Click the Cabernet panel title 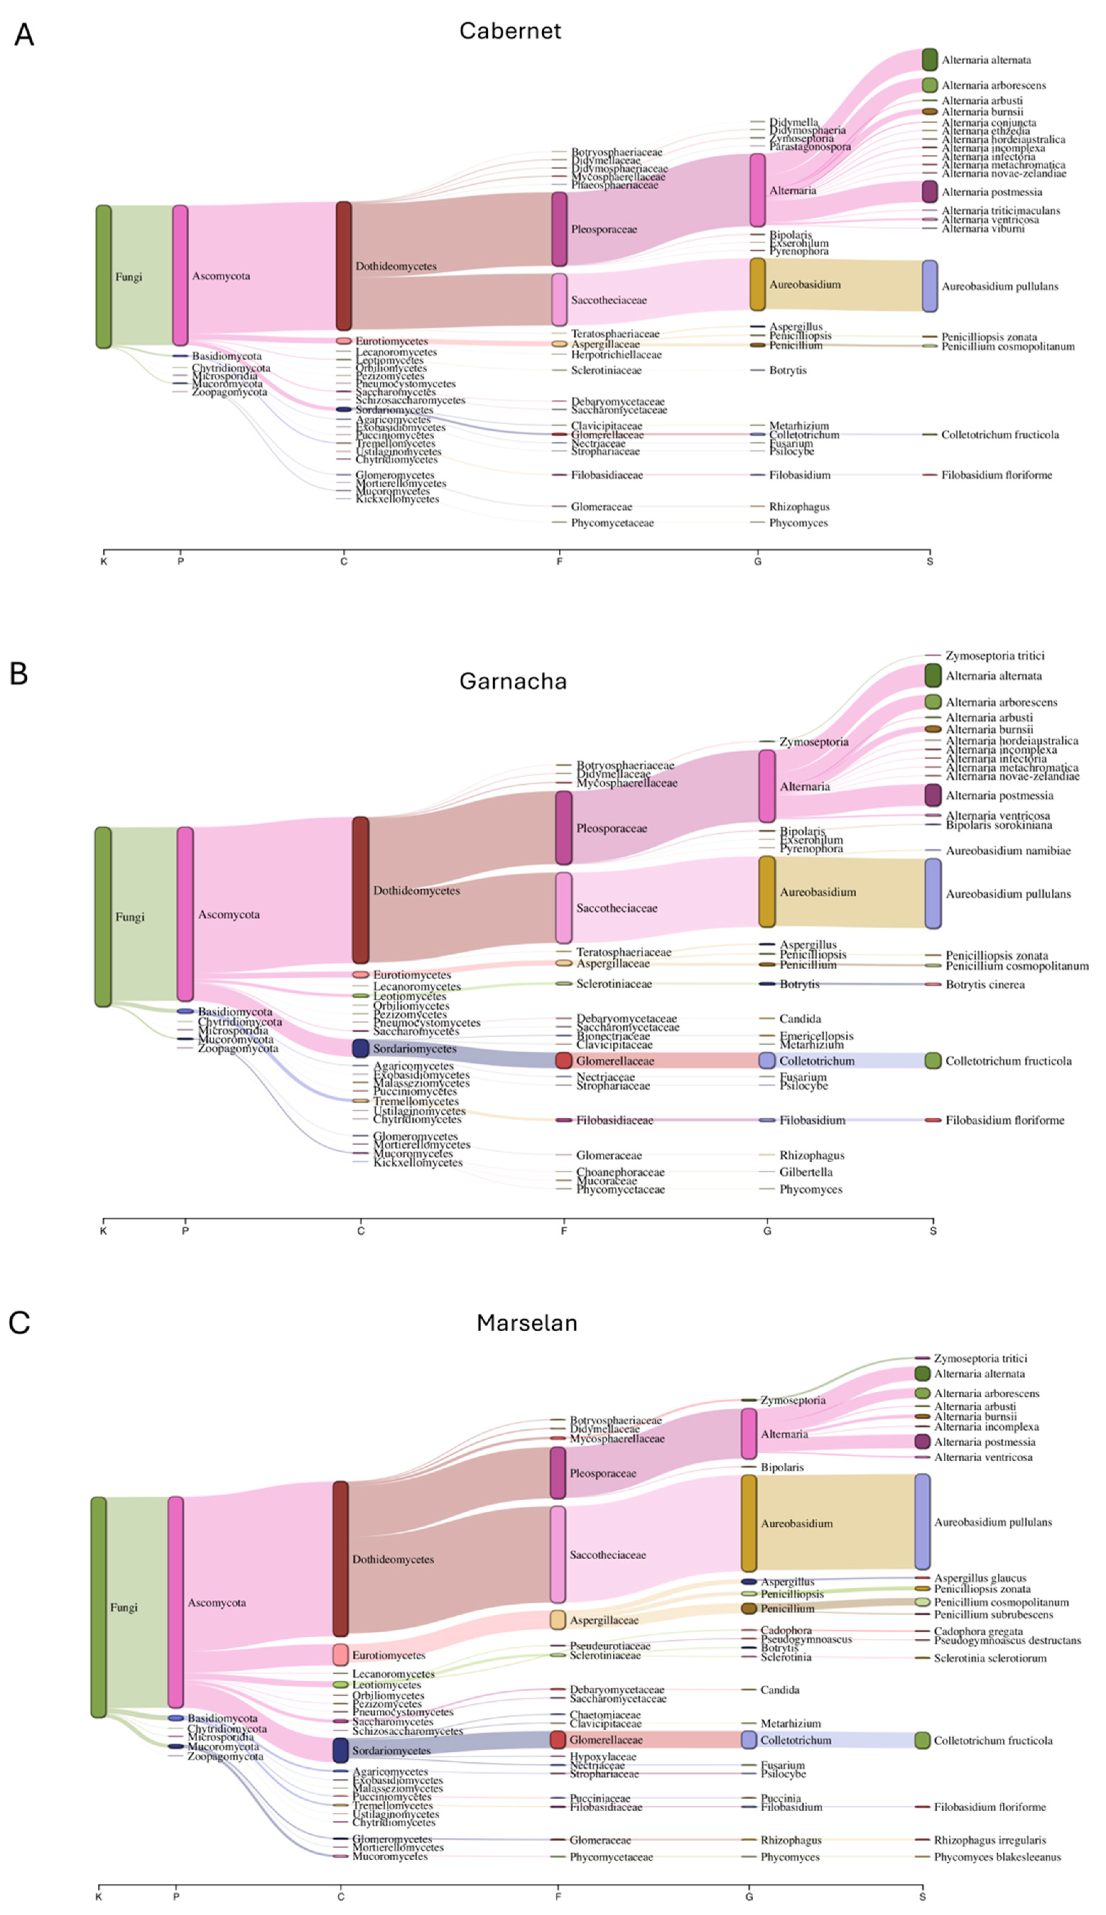pyautogui.click(x=510, y=31)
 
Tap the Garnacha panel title pyautogui.click(x=513, y=681)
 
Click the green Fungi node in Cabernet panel pyautogui.click(x=103, y=277)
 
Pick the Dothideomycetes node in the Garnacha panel pyautogui.click(x=361, y=890)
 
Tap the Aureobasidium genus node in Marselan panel pyautogui.click(x=749, y=1523)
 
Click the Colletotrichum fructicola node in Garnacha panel pyautogui.click(x=933, y=1061)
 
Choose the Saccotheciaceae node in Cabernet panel pyautogui.click(x=559, y=299)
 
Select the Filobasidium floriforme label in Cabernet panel pyautogui.click(x=997, y=475)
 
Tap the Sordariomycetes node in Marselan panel pyautogui.click(x=340, y=1750)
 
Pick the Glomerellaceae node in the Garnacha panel pyautogui.click(x=564, y=1061)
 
